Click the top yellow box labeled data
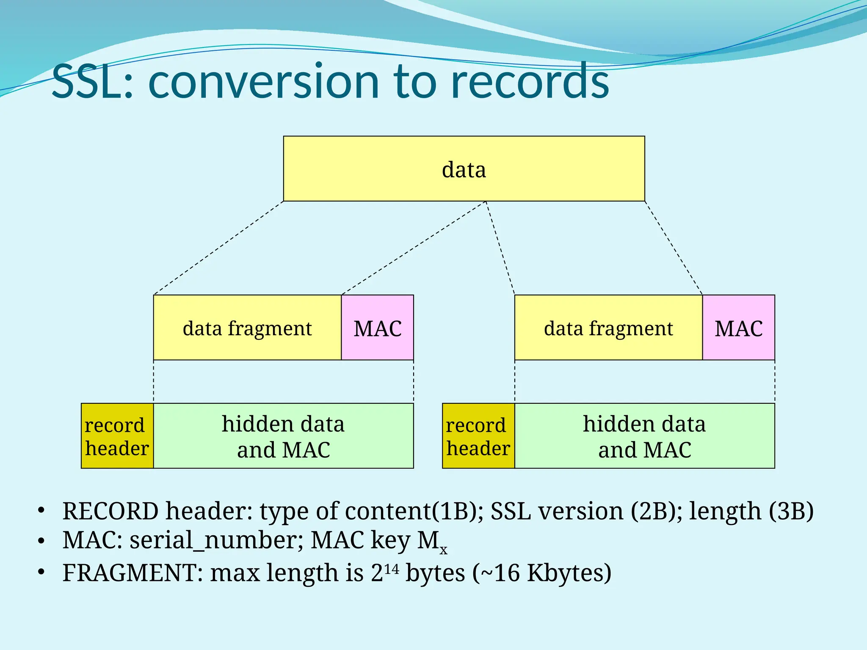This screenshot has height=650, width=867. tap(464, 169)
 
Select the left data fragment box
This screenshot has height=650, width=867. tap(247, 328)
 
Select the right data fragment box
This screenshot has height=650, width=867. tap(608, 328)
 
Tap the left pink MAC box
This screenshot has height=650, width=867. tap(377, 328)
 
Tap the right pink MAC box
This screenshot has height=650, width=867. tap(739, 328)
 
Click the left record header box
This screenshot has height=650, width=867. tap(117, 436)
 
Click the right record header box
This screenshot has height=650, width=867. tap(478, 436)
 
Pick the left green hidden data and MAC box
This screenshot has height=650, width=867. tap(283, 436)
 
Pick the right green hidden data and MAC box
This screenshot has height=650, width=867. tap(644, 436)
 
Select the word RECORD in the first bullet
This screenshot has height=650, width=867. tap(110, 511)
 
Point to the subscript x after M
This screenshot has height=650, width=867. tap(443, 550)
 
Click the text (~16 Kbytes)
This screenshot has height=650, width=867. tap(542, 573)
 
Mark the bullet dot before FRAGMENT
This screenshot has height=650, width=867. tap(41, 573)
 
